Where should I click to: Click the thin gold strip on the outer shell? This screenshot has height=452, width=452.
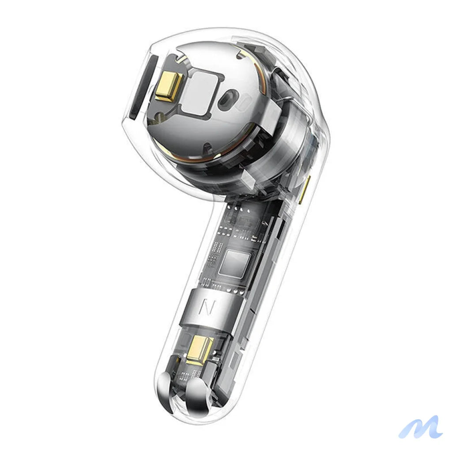pos(304,190)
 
